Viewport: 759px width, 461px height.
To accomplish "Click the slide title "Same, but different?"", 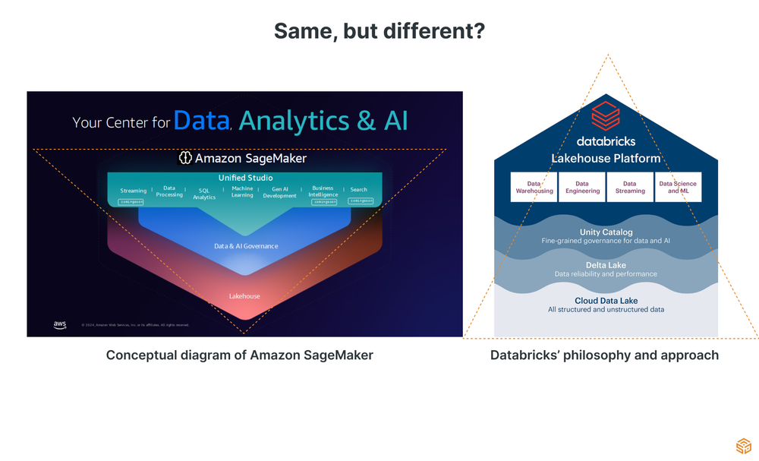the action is [379, 31].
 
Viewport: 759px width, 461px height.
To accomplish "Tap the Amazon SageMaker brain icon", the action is [185, 158].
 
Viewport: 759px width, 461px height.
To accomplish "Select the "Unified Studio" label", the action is [245, 178].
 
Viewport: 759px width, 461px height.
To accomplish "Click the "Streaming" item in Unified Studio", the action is [134, 191].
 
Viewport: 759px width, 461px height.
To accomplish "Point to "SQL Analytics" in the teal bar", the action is [204, 194].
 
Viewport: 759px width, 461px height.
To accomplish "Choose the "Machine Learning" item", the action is [242, 191].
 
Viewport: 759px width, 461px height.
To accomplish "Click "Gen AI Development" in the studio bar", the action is [279, 193].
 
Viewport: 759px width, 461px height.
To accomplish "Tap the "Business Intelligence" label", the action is [323, 191].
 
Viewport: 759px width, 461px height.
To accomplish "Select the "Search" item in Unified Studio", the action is [359, 190].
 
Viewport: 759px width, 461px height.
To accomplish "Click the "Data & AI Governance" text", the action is [246, 246].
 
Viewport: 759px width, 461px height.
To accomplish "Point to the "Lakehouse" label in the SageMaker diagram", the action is [244, 296].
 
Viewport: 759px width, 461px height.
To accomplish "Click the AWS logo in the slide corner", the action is [60, 325].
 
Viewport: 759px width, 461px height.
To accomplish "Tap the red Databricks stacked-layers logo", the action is [606, 117].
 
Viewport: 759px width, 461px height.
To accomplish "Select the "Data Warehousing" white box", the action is [534, 187].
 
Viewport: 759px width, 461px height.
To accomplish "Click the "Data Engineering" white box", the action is [582, 187].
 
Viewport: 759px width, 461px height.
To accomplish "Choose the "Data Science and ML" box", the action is [678, 187].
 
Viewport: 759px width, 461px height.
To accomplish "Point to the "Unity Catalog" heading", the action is [606, 232].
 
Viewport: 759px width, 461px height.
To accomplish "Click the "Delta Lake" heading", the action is [606, 266].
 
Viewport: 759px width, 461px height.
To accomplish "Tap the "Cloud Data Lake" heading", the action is [606, 302].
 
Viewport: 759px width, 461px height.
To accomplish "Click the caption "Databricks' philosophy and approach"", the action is [604, 355].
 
